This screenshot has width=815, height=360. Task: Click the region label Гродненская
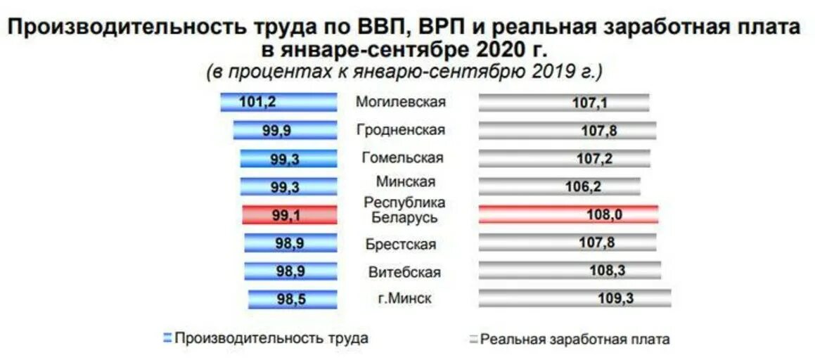(400, 130)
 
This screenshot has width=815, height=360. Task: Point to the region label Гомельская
(402, 158)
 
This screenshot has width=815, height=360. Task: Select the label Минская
(405, 181)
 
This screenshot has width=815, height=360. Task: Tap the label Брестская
(401, 245)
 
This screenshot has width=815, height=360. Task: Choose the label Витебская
(404, 272)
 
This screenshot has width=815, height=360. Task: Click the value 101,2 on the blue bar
(257, 102)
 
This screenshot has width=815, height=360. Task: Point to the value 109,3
(615, 298)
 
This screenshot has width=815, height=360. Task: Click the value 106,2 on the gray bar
(583, 187)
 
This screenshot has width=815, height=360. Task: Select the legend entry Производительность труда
(271, 338)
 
